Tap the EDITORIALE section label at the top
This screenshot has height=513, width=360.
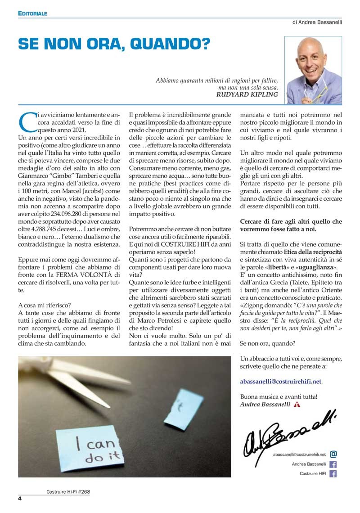[x=32, y=13]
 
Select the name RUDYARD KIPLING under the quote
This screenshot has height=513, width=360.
[x=247, y=94]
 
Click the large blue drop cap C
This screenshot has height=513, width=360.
[x=27, y=121]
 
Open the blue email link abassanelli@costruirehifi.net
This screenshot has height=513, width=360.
[x=281, y=381]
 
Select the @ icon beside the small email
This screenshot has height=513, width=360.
[x=333, y=454]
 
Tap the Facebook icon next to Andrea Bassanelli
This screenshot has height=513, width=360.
[x=333, y=464]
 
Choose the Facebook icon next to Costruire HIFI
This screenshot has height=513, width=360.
[x=333, y=473]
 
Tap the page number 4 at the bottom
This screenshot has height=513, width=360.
[x=20, y=499]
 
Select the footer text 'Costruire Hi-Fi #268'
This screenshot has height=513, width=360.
[x=68, y=491]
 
